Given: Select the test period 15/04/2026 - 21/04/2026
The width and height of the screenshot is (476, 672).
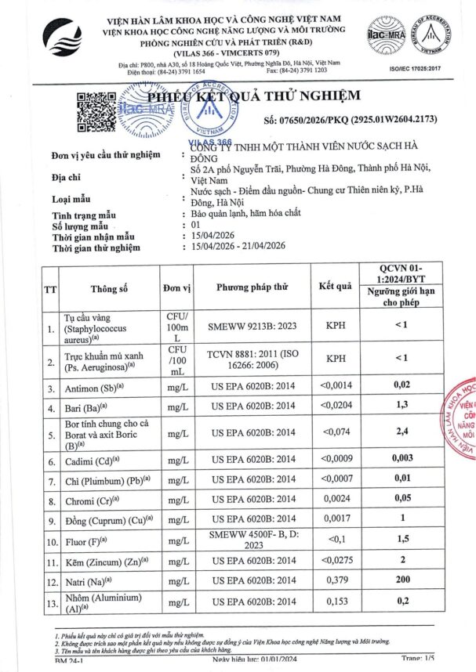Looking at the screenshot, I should [238, 246].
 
